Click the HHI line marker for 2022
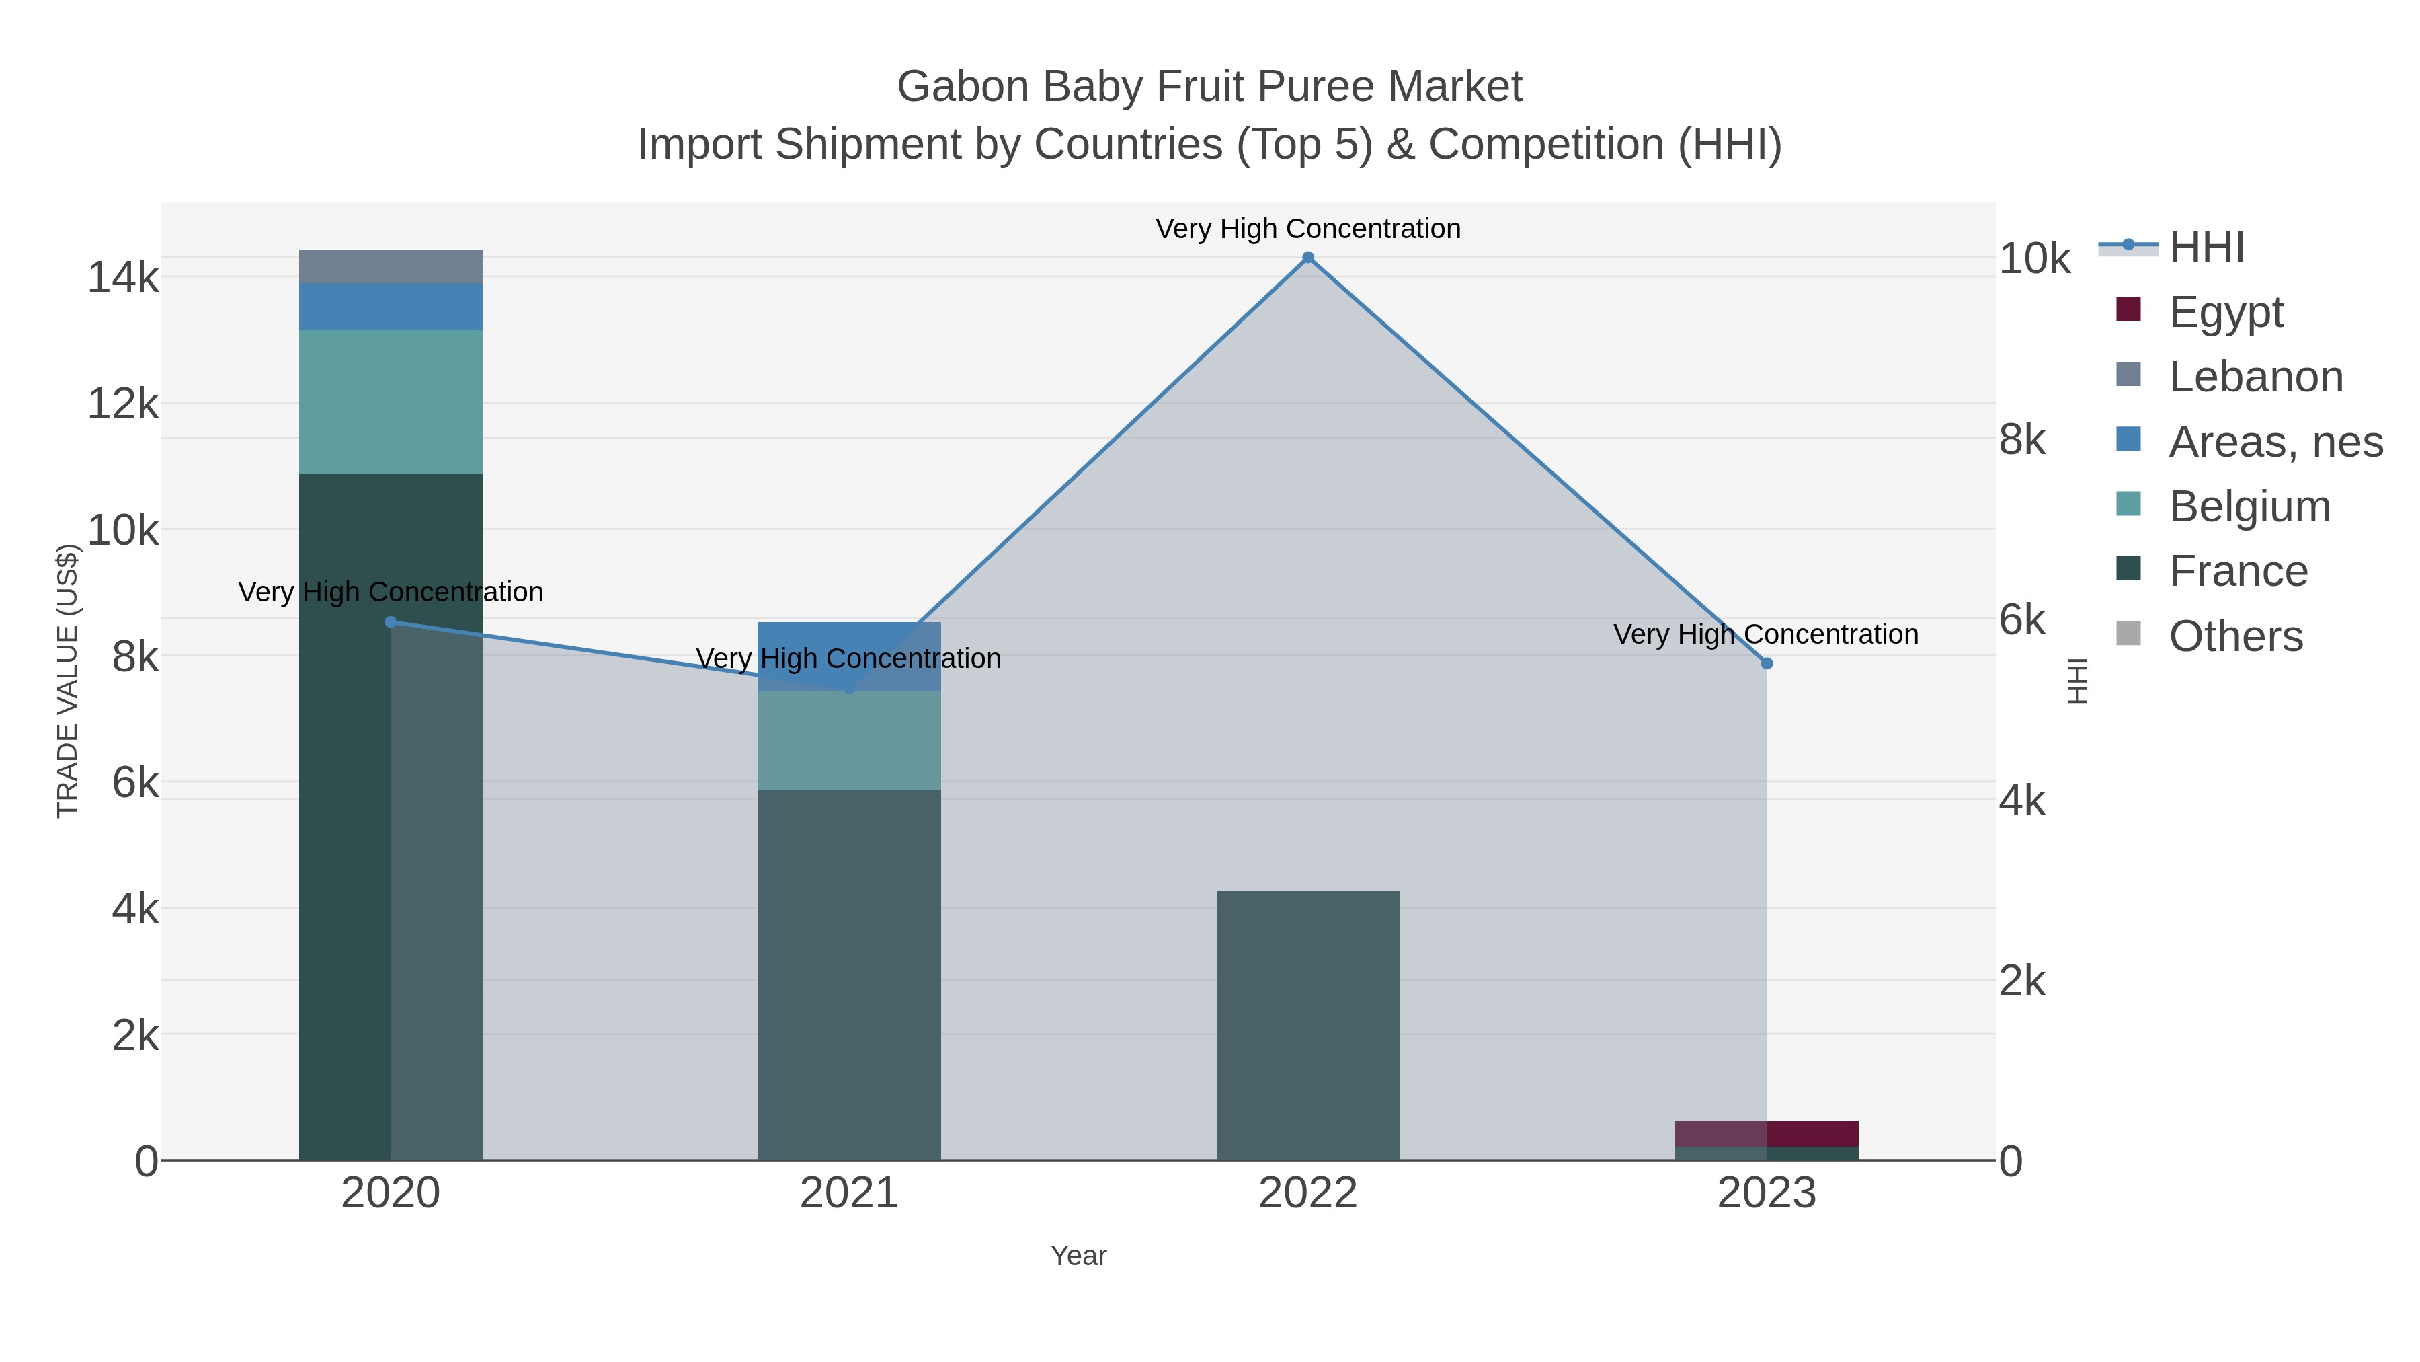point(1307,258)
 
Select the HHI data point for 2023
point(1766,664)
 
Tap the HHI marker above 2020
point(391,622)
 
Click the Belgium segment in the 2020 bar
point(391,402)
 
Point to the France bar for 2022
point(1307,1024)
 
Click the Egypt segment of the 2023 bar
point(1766,1133)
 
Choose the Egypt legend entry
point(2226,312)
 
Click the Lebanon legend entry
point(2255,377)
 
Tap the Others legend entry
point(2235,636)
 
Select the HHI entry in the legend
point(2206,248)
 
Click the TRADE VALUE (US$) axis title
point(68,681)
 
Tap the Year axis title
point(1078,1256)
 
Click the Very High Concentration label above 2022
point(1307,229)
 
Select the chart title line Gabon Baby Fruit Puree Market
point(1209,87)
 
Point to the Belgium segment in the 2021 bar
point(849,741)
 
